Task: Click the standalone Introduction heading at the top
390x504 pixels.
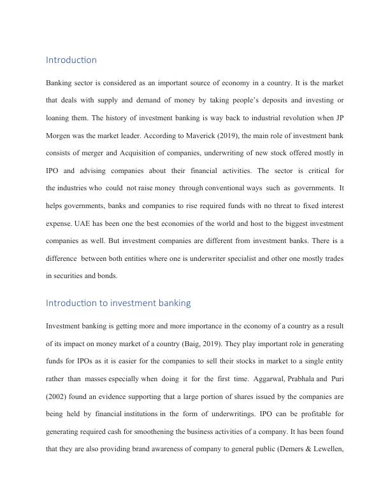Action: tap(71, 60)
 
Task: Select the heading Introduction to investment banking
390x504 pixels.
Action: tap(119, 303)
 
